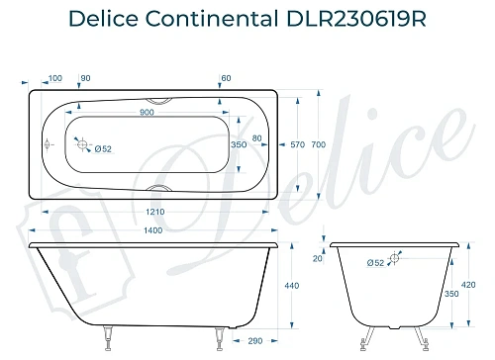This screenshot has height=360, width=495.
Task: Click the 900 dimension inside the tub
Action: pos(147,112)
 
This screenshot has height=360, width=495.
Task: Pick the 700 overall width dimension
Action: pos(318,144)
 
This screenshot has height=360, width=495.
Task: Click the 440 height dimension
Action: pos(291,285)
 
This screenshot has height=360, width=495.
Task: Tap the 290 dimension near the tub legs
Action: pos(255,341)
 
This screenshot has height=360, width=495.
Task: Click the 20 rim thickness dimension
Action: pos(318,259)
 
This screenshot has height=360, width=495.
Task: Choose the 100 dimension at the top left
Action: pos(54,78)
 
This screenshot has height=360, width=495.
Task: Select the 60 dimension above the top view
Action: pos(226,78)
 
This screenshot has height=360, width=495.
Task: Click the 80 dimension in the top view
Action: pos(257,137)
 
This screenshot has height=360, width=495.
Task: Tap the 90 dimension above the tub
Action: pos(85,78)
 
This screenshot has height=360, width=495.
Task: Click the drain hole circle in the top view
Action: pos(83,144)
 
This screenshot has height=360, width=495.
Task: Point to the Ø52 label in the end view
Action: pos(375,263)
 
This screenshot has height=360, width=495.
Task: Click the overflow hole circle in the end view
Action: pos(395,259)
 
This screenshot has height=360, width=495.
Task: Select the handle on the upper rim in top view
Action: pos(157,100)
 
